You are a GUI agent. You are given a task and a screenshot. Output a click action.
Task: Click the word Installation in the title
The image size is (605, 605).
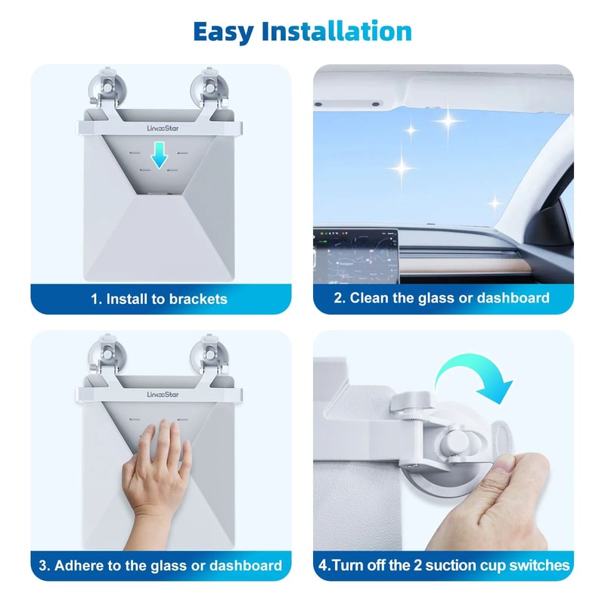(x=337, y=32)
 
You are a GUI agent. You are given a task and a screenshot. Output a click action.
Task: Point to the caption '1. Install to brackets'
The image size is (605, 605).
(x=160, y=299)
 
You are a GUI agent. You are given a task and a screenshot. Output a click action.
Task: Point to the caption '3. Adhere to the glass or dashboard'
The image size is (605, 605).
(x=160, y=565)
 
